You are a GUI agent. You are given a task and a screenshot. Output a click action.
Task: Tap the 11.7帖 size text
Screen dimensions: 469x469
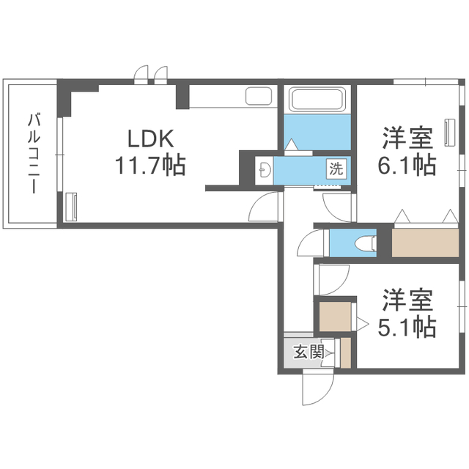click(149, 165)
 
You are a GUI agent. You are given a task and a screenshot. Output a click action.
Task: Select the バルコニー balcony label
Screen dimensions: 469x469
click(34, 154)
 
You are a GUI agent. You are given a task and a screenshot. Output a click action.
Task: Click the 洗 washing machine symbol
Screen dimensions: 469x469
click(335, 168)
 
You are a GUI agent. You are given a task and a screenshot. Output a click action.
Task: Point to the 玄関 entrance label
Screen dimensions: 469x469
click(308, 352)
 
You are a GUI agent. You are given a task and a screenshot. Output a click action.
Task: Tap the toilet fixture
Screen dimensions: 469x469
click(362, 243)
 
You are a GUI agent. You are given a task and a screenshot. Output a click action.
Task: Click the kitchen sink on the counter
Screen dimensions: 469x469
click(258, 97)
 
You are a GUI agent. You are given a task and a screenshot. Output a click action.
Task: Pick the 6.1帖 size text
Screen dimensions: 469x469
click(407, 166)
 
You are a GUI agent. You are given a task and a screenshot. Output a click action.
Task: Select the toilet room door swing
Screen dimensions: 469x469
click(311, 243)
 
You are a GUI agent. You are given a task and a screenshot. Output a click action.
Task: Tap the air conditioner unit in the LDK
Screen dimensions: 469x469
click(70, 206)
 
